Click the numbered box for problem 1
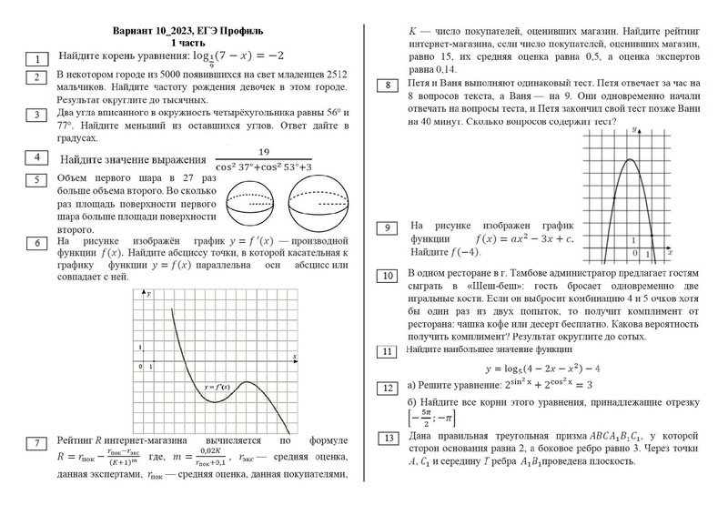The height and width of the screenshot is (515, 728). (x=37, y=60)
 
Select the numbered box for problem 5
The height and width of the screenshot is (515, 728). (x=37, y=180)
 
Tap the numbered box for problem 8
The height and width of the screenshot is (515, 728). (x=389, y=86)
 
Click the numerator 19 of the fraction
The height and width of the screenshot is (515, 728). (x=264, y=152)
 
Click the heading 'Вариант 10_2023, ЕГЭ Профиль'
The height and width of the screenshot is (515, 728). (x=188, y=30)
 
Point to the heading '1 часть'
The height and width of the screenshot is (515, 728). (x=187, y=43)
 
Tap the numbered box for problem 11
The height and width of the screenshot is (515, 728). (x=389, y=351)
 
